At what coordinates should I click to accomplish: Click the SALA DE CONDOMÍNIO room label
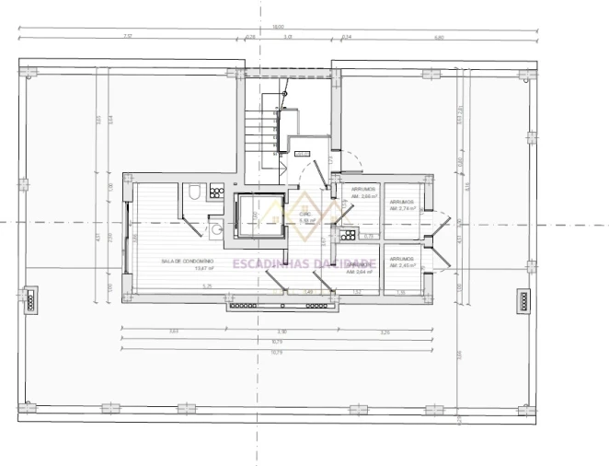pos(187,262)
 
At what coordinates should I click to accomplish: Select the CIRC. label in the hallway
pos(306,215)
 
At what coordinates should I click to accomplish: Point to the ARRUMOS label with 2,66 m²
pos(365,192)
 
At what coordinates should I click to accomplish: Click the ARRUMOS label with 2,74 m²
pos(402,204)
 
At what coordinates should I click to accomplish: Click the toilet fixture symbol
pos(195,193)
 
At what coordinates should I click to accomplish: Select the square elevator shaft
pos(259,217)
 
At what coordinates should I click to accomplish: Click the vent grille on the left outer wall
pos(30,300)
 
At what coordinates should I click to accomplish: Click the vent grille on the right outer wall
pos(523,300)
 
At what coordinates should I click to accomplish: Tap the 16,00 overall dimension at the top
pos(277,27)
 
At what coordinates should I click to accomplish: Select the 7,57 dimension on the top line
pos(128,37)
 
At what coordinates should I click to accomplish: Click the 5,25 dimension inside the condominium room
pos(207,287)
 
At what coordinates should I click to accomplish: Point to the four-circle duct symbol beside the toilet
pos(217,192)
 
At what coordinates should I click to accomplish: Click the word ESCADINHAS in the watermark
pos(267,264)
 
